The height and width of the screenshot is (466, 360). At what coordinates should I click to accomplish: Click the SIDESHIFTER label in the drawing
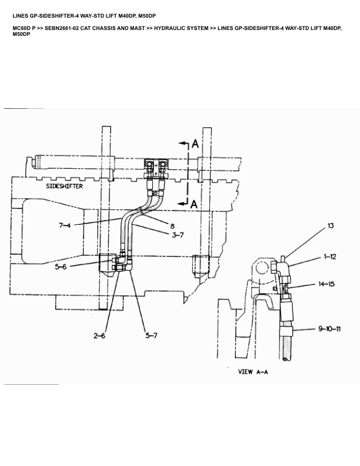point(64,187)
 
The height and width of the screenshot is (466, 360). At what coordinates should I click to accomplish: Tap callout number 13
point(331,226)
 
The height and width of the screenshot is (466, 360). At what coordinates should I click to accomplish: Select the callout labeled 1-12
point(329,257)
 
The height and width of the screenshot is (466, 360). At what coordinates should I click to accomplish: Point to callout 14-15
point(326,284)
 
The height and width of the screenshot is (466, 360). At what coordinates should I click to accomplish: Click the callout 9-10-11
point(329,329)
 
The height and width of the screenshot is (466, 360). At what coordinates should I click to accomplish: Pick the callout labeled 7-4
point(65,225)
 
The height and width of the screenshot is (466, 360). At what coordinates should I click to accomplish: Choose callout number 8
point(172,227)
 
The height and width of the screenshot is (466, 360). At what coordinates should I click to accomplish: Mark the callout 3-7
point(178,235)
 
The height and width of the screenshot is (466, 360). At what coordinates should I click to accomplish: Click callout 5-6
point(61,267)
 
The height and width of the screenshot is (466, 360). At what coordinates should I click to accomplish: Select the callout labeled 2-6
point(99,336)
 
